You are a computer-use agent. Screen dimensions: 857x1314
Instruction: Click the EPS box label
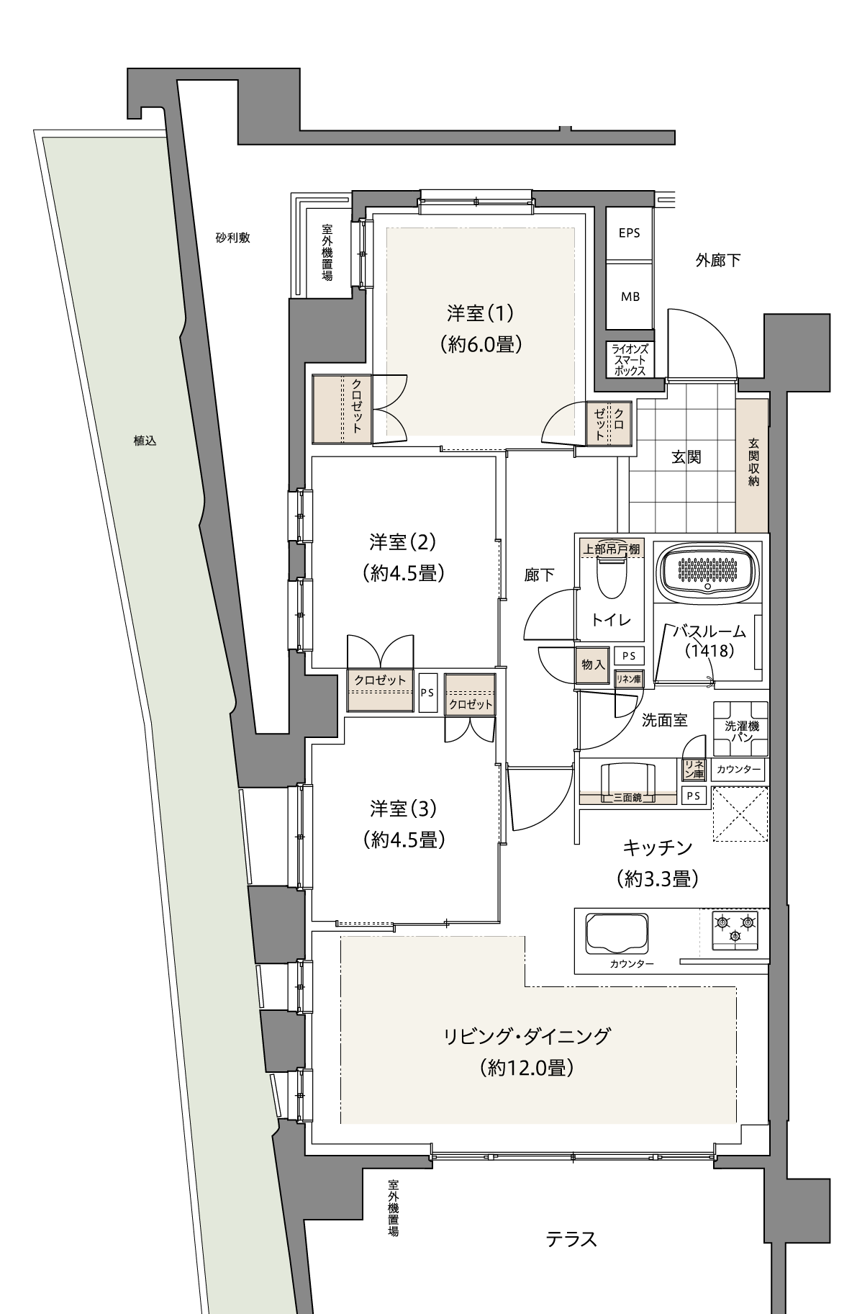pyautogui.click(x=629, y=233)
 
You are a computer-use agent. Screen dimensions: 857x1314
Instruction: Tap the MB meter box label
pyautogui.click(x=630, y=297)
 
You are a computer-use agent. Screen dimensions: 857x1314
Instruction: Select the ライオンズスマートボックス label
pyautogui.click(x=630, y=360)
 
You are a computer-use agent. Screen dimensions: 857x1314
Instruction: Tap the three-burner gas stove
pyautogui.click(x=735, y=930)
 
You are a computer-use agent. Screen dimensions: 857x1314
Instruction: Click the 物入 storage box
pyautogui.click(x=593, y=664)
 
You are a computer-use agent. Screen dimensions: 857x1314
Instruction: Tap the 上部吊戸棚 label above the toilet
pyautogui.click(x=611, y=549)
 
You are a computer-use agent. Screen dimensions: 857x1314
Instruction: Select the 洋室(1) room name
pyautogui.click(x=481, y=313)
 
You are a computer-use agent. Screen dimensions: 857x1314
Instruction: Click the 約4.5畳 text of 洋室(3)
pyautogui.click(x=403, y=840)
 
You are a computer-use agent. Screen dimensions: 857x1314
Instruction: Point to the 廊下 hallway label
pyautogui.click(x=539, y=575)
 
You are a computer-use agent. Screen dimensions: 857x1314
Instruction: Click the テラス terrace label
pyautogui.click(x=571, y=1239)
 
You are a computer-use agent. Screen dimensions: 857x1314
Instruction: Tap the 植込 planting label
pyautogui.click(x=145, y=441)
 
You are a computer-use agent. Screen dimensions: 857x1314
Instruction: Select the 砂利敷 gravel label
pyautogui.click(x=232, y=238)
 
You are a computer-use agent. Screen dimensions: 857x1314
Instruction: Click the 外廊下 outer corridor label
pyautogui.click(x=718, y=261)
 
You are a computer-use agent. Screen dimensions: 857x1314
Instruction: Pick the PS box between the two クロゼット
pyautogui.click(x=427, y=693)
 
